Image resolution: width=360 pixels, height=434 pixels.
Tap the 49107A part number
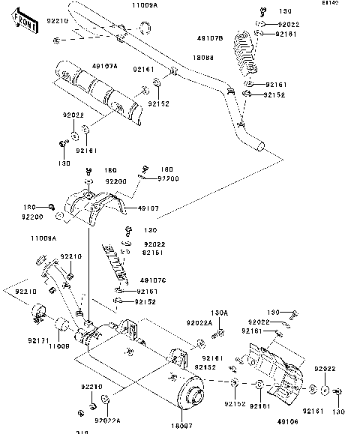point(105,66)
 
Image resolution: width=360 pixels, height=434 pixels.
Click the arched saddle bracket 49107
point(91,206)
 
